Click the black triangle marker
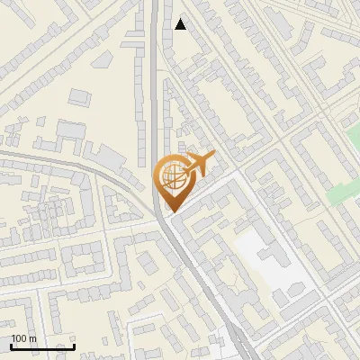tap(181, 24)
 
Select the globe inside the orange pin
tap(171, 175)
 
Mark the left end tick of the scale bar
tap(11, 346)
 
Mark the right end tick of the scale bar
tap(75, 346)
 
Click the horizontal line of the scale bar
tap(42, 347)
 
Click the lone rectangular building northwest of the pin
tap(80, 95)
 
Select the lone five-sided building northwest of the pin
tap(71, 130)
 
